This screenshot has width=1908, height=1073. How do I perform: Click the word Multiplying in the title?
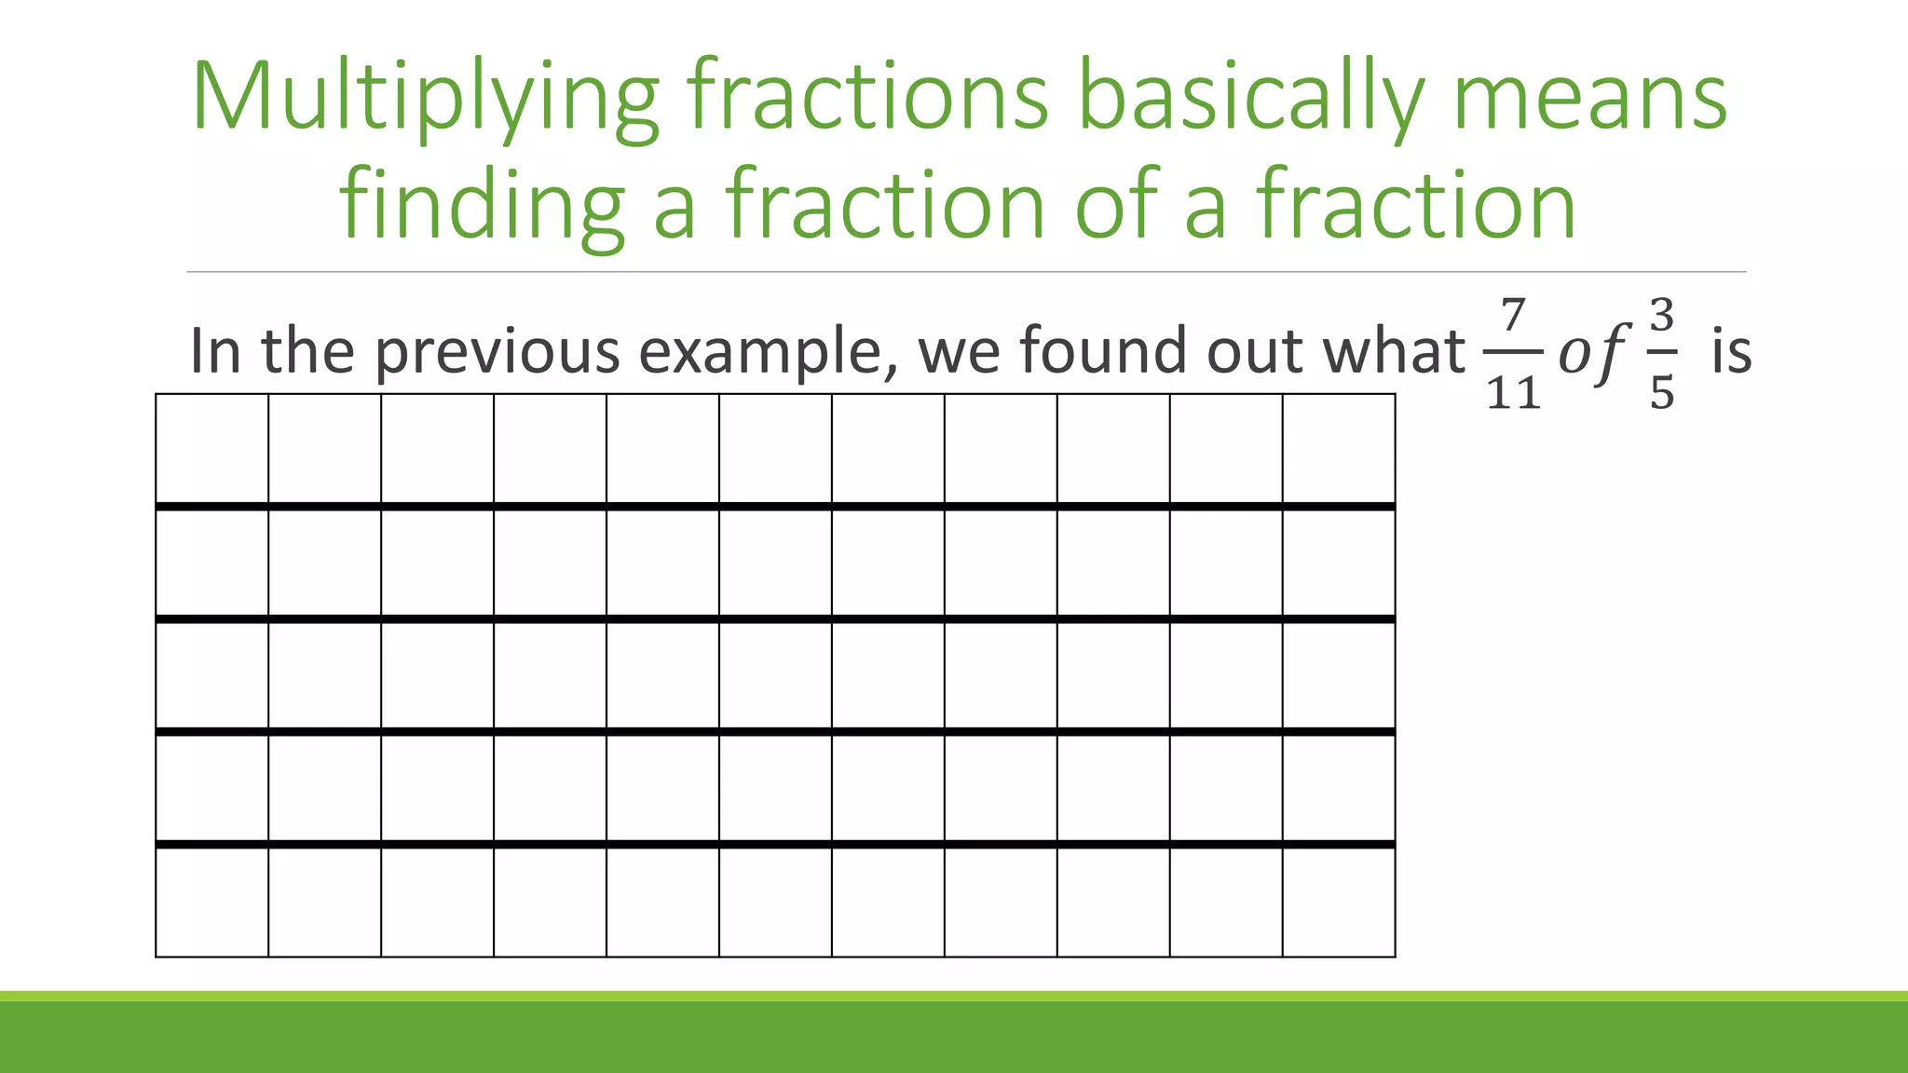425,99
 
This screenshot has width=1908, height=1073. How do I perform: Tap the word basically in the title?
1249,99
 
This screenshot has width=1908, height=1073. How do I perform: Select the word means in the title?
1589,99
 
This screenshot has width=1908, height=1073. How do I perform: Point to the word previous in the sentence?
497,352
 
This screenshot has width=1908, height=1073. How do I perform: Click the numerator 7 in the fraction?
1513,316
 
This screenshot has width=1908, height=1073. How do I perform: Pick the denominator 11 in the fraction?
1513,393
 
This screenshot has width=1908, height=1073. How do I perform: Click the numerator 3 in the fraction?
1662,316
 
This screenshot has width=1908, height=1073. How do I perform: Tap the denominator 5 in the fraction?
1662,393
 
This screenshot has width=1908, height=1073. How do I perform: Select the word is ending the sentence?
1732,352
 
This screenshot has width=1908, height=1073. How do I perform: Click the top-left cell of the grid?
212,449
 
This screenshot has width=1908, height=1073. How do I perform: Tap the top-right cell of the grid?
1339,449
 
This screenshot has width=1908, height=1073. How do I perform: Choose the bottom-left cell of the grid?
212,902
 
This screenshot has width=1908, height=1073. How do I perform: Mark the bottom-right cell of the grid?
1339,902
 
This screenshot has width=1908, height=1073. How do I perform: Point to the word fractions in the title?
867,99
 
